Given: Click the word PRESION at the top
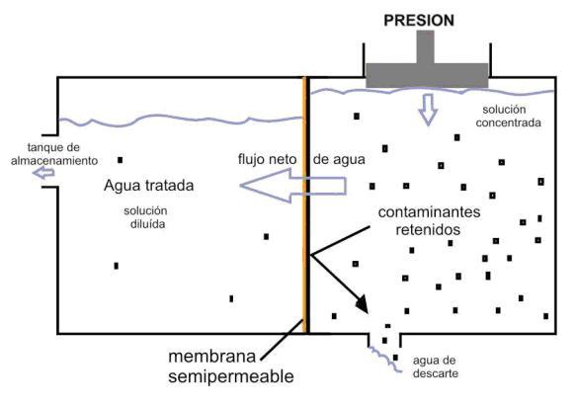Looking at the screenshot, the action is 419,20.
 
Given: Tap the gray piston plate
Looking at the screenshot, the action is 427,75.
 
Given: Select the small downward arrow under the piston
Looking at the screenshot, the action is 428,110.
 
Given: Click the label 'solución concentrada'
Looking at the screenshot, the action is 509,116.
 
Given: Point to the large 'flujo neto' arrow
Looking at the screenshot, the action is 292,186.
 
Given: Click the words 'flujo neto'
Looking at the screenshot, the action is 267,159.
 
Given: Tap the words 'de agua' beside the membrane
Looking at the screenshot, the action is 339,160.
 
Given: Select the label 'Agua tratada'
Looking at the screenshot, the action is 149,185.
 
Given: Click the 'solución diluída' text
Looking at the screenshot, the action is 146,217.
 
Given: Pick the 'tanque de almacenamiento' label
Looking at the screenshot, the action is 54,154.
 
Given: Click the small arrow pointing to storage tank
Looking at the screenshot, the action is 43,172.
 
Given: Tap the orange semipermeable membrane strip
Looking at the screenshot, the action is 304,204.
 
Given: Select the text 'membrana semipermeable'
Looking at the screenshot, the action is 231,366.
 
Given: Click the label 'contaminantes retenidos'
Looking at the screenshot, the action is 429,220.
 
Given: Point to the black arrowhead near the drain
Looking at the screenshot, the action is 362,304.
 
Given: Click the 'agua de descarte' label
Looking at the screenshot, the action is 435,366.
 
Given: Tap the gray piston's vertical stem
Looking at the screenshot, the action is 426,47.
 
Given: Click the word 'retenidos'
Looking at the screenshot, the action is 428,230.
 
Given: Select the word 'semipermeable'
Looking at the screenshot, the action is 231,376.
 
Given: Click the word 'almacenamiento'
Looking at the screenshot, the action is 54,160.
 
